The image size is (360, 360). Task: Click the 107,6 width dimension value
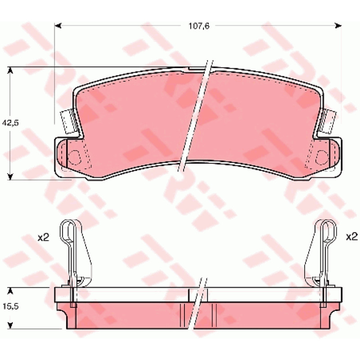pos(199,26)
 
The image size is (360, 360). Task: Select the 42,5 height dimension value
pos(10,123)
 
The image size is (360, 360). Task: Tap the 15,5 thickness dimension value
pos(10,306)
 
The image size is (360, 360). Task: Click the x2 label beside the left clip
pos(43,237)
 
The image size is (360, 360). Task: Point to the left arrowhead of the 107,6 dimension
pos(58,26)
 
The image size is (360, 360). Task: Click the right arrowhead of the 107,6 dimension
pos(338,26)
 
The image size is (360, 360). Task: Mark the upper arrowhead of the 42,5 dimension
pos(10,70)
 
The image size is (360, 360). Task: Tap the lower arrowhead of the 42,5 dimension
pos(10,176)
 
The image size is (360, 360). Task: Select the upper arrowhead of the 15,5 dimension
pos(10,291)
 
